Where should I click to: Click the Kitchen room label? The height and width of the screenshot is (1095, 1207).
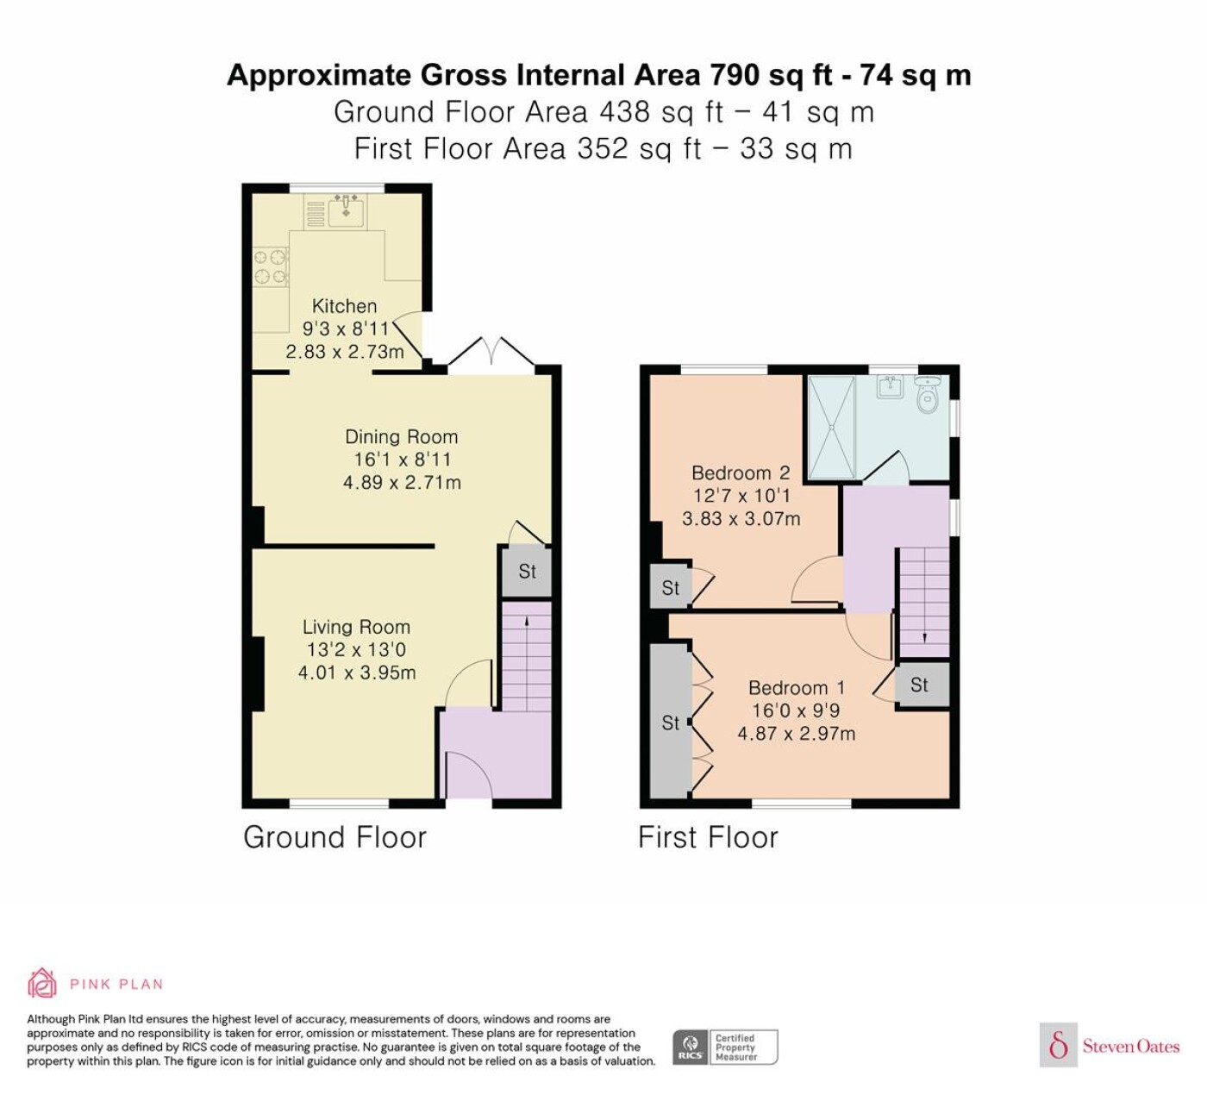click(x=344, y=306)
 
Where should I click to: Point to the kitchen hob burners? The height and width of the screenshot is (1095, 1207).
click(x=270, y=266)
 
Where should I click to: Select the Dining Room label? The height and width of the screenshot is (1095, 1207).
click(x=402, y=436)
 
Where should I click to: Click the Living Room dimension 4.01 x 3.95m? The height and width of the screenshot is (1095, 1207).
click(x=357, y=673)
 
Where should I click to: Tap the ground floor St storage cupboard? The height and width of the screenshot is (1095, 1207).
click(x=527, y=572)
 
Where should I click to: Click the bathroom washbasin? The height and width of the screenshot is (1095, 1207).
click(x=890, y=386)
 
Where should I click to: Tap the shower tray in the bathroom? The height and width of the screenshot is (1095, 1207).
click(x=831, y=427)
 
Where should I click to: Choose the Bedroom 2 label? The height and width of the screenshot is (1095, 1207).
click(x=741, y=472)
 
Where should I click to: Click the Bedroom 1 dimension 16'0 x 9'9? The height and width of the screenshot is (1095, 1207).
click(x=796, y=710)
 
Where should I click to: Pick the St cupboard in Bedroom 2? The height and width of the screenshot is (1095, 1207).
click(x=670, y=587)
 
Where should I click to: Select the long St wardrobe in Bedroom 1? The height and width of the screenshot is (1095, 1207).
click(x=670, y=722)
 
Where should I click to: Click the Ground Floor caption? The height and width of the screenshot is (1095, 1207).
click(x=335, y=837)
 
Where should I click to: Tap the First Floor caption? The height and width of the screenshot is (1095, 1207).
click(x=708, y=837)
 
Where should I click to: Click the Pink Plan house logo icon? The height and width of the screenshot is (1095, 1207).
click(x=42, y=983)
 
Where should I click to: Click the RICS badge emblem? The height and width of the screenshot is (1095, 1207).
click(x=691, y=1048)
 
